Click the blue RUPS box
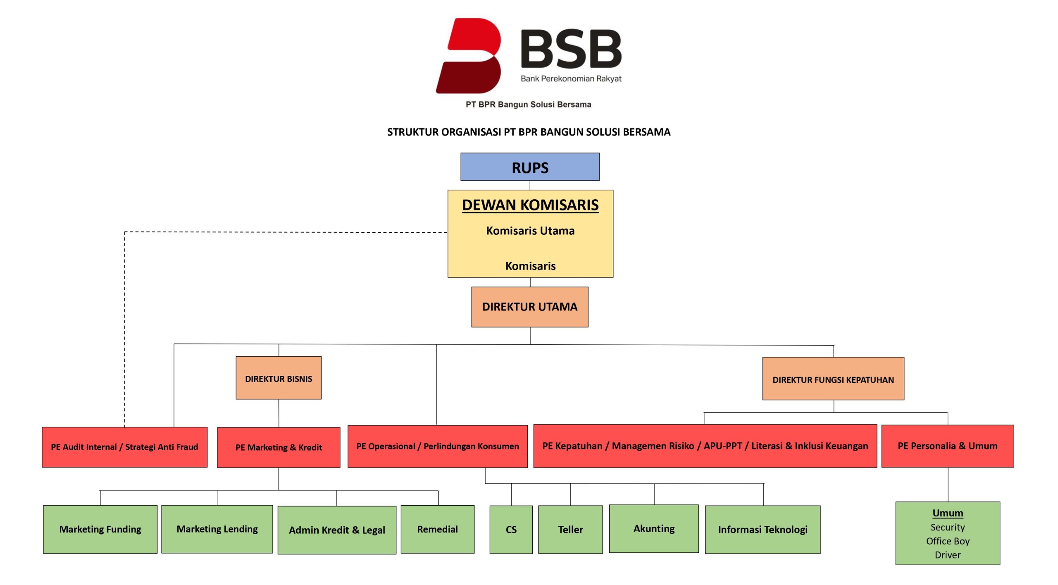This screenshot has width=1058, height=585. [530, 167]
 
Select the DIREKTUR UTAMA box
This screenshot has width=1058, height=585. [529, 307]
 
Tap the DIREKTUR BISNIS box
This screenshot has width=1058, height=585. [279, 378]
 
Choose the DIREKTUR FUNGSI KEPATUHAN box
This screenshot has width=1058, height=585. [833, 379]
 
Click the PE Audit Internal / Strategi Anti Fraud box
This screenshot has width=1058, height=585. [124, 447]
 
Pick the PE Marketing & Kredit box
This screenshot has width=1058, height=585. [279, 447]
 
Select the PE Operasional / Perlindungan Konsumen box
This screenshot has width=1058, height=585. [437, 447]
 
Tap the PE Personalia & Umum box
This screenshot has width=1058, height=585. [947, 446]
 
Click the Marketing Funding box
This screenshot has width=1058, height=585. [100, 529]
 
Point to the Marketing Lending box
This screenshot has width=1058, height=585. [217, 529]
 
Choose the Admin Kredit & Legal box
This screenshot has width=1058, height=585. [337, 530]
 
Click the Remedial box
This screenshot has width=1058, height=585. [437, 529]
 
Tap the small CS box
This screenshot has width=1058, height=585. [511, 530]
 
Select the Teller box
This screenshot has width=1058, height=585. [570, 530]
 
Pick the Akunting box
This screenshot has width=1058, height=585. [654, 529]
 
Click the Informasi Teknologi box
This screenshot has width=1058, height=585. [763, 530]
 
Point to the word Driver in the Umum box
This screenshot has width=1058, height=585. [947, 555]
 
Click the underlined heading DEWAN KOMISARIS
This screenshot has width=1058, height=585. [530, 205]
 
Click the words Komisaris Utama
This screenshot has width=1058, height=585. [530, 231]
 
